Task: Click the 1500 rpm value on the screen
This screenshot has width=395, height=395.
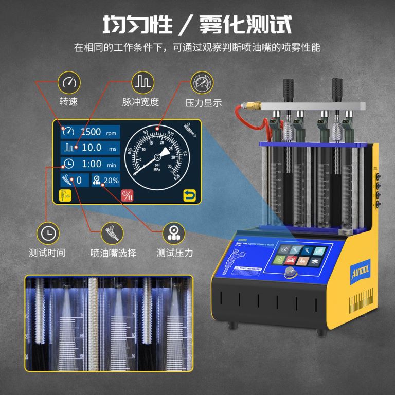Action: [x=91, y=132]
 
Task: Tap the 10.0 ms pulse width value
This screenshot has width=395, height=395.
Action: [x=92, y=148]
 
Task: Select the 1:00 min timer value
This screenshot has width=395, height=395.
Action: [x=92, y=164]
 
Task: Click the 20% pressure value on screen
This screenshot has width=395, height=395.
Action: [x=111, y=181]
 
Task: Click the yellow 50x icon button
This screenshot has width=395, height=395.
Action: [x=66, y=195]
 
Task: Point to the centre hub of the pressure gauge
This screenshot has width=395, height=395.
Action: [x=157, y=157]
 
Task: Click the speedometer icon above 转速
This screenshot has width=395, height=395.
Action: [x=68, y=82]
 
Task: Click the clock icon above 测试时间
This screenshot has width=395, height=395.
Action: [x=47, y=233]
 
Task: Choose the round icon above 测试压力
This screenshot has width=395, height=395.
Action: [x=173, y=233]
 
